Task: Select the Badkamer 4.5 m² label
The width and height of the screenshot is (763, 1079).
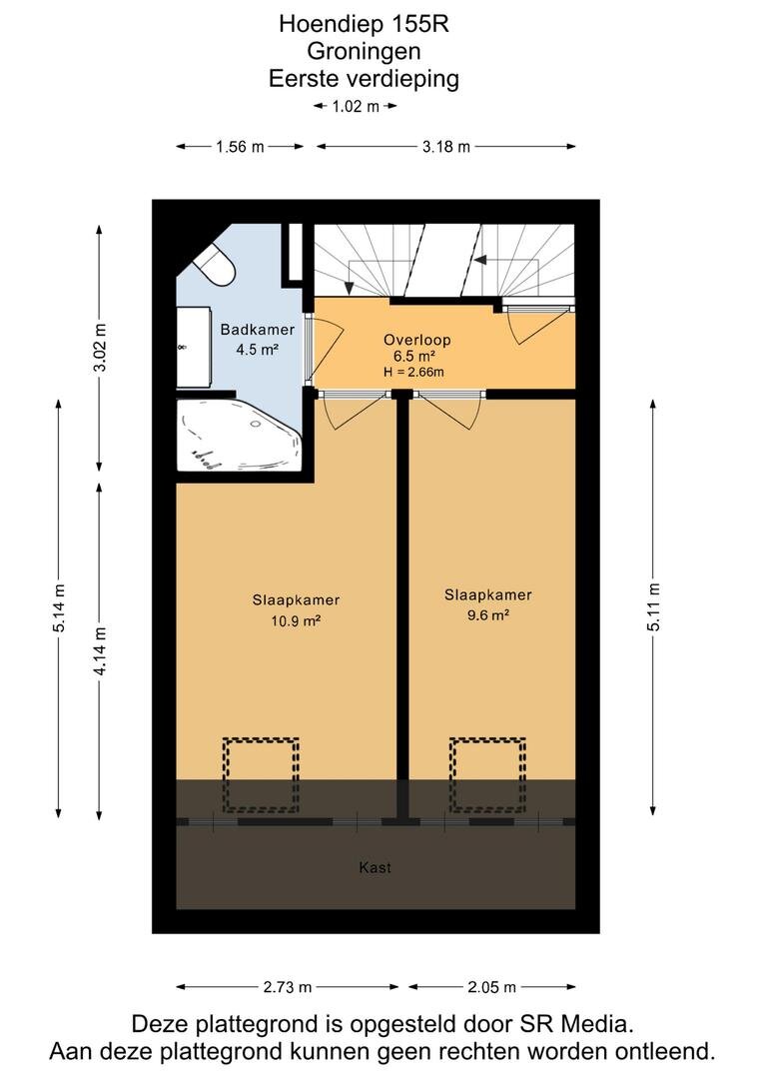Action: tap(258, 340)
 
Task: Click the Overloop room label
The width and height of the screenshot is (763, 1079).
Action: tap(416, 340)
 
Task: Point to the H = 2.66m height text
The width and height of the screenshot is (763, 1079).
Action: tap(413, 373)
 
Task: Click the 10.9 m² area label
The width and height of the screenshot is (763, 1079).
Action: tap(296, 620)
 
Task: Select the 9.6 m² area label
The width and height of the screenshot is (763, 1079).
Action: tap(487, 615)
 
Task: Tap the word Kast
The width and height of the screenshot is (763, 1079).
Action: tap(375, 868)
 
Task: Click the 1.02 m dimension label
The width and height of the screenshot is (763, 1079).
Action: tap(355, 106)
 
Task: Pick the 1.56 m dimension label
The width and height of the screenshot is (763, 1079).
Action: tap(240, 146)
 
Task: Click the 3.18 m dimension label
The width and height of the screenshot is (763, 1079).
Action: tap(445, 146)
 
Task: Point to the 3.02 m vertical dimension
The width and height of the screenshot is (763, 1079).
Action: tap(100, 348)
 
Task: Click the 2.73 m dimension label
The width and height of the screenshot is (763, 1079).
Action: tap(288, 987)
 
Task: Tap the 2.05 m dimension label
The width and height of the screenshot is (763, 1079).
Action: tap(491, 987)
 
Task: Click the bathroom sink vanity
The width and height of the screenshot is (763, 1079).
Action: tap(194, 348)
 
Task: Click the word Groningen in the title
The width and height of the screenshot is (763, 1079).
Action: tap(364, 52)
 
